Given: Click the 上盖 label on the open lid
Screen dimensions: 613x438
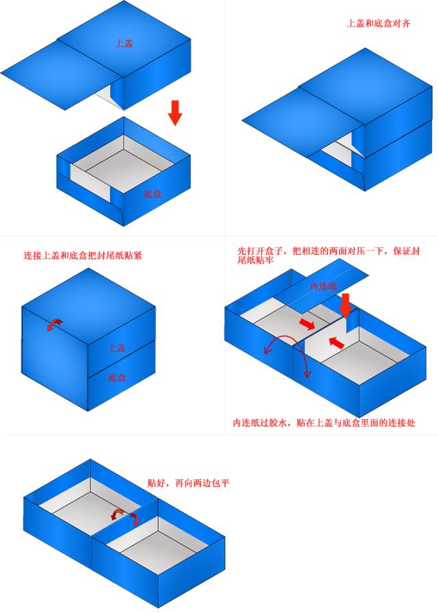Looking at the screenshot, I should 124,42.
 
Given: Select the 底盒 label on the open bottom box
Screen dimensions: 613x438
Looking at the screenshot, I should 153,194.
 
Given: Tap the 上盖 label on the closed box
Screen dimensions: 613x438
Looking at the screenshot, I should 116,348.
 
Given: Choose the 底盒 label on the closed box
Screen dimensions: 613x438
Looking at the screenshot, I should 116,377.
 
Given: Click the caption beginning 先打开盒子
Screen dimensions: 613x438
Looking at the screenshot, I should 327,255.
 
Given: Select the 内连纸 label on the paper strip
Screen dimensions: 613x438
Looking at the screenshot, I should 323,286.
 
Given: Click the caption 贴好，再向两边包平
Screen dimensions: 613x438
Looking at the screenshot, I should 188,483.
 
